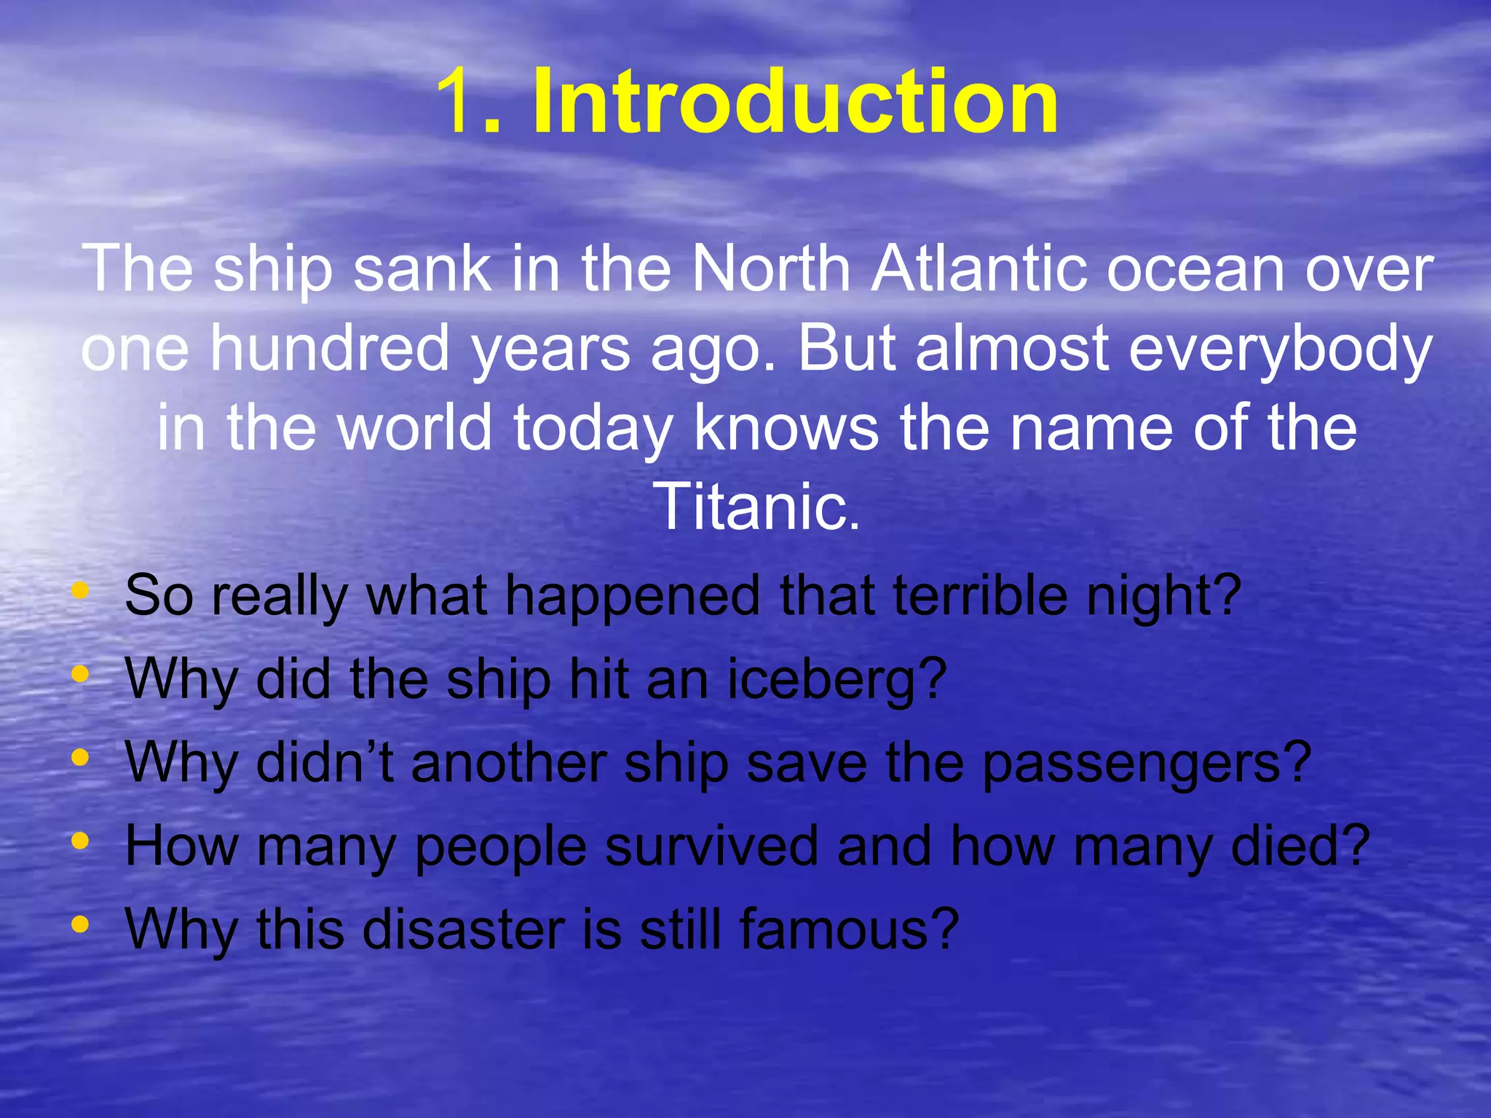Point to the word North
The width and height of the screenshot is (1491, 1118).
coord(771,269)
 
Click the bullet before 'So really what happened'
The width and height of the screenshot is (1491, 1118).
coord(80,590)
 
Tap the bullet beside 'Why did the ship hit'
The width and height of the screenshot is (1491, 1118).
coord(80,674)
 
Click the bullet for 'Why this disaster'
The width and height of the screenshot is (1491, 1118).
coord(80,924)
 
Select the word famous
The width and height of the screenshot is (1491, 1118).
coord(848,929)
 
